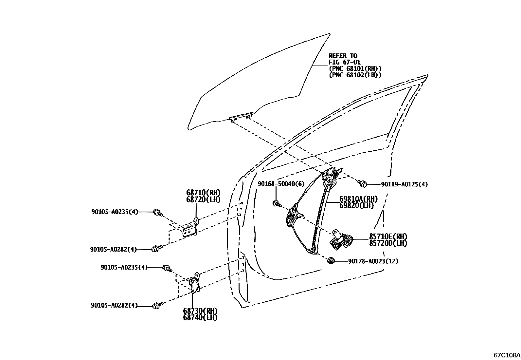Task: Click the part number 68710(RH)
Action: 204,193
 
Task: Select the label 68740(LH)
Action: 200,317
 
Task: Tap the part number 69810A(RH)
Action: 358,199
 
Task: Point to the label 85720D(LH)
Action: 388,243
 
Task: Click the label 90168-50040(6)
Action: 281,184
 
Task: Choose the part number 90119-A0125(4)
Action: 404,184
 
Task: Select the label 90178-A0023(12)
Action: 373,261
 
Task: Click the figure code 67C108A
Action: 507,355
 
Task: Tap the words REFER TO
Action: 343,56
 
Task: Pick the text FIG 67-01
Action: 345,62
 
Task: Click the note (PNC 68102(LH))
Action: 355,75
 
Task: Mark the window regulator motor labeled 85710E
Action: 340,240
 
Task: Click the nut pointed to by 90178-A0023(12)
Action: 331,261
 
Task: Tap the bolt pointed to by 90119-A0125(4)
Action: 362,184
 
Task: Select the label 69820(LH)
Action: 356,205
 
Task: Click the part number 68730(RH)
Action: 200,311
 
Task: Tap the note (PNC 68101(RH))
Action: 355,69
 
